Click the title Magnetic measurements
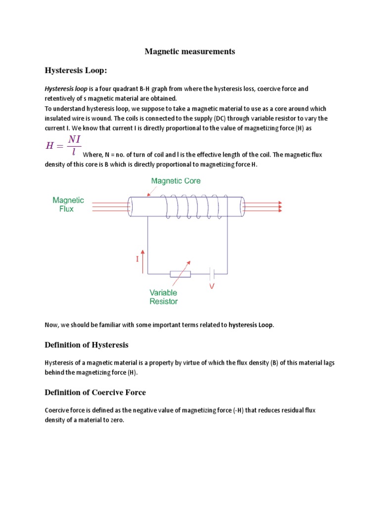(x=190, y=51)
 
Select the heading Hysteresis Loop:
(x=75, y=71)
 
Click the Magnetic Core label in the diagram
(x=176, y=181)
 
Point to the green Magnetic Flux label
(x=68, y=205)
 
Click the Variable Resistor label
(x=164, y=296)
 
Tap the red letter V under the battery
(x=212, y=286)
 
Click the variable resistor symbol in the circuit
(x=180, y=274)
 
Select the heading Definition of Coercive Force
(x=95, y=392)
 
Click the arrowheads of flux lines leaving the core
(x=280, y=207)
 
